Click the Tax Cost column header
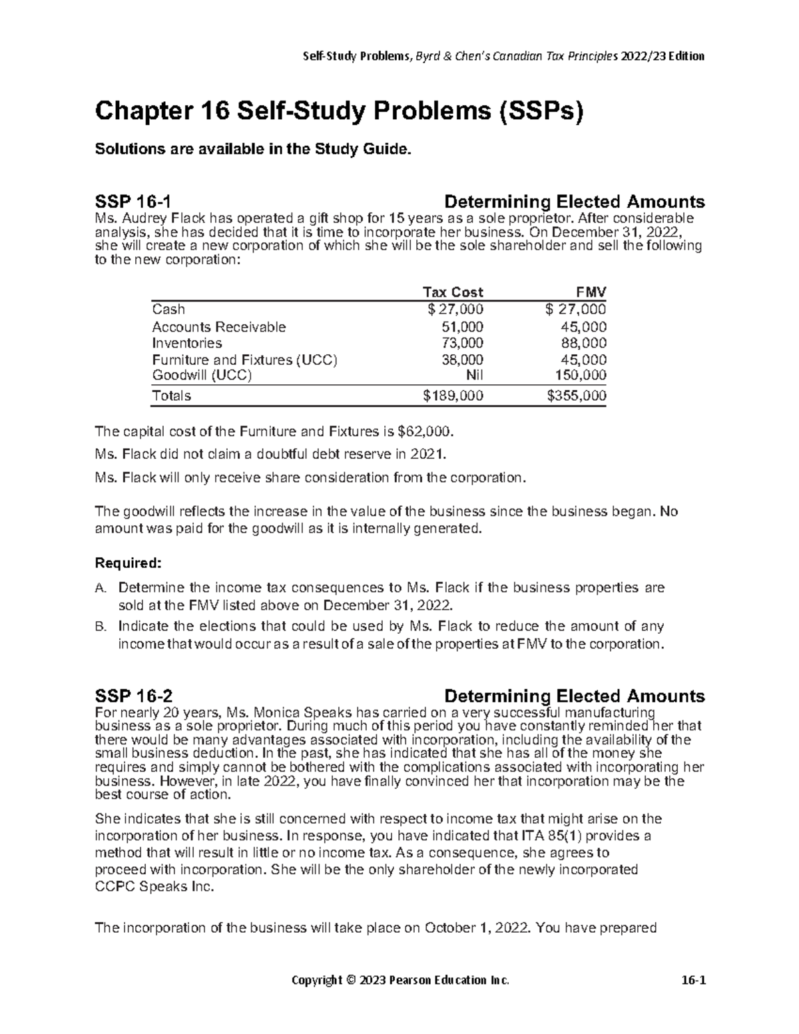(x=453, y=292)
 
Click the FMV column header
(x=591, y=292)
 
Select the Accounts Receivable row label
(x=218, y=327)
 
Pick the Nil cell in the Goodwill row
(x=473, y=375)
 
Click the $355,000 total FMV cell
(x=576, y=395)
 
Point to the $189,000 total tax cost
(x=453, y=395)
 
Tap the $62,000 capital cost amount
(x=423, y=432)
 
